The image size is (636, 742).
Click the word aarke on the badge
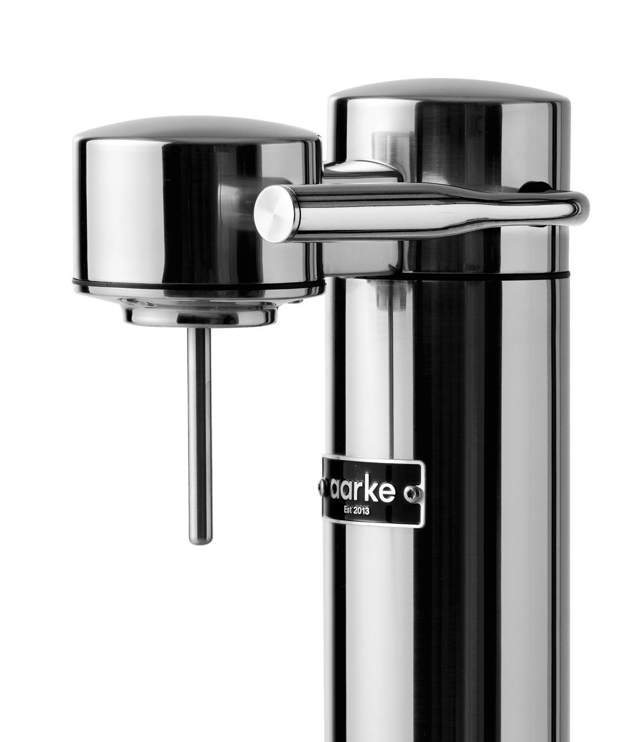tap(372, 491)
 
